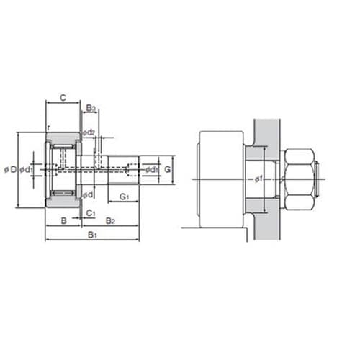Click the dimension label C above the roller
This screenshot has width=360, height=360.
[x=63, y=98]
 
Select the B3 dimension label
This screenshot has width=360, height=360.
[x=91, y=108]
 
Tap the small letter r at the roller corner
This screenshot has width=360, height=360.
[x=49, y=128]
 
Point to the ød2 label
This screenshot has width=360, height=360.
[x=89, y=132]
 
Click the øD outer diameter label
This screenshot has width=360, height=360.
[x=11, y=170]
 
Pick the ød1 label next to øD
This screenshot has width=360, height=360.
[x=26, y=170]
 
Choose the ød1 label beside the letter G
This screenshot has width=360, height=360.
[x=152, y=170]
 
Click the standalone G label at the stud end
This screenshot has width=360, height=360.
[x=167, y=169]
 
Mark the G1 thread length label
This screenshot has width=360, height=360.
[x=125, y=197]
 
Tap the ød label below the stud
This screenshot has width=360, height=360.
[x=88, y=195]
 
